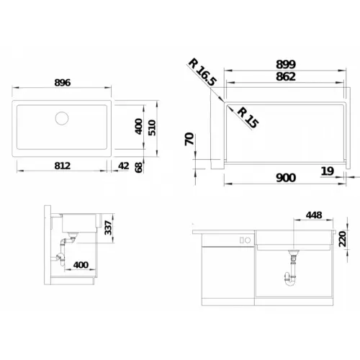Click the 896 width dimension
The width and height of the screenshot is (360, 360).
tap(63, 83)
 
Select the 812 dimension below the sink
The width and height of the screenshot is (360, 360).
tap(63, 166)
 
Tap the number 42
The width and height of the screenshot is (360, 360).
tap(124, 166)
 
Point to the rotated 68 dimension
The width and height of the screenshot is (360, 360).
tap(139, 167)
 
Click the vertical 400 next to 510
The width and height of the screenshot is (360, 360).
tap(139, 127)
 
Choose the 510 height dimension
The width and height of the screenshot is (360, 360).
tap(152, 128)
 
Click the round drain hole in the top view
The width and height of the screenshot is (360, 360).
tap(62, 118)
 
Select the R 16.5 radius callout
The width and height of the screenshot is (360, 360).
tap(202, 72)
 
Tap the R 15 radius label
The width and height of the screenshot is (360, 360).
tap(248, 118)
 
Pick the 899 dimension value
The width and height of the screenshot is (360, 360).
tap(286, 64)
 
